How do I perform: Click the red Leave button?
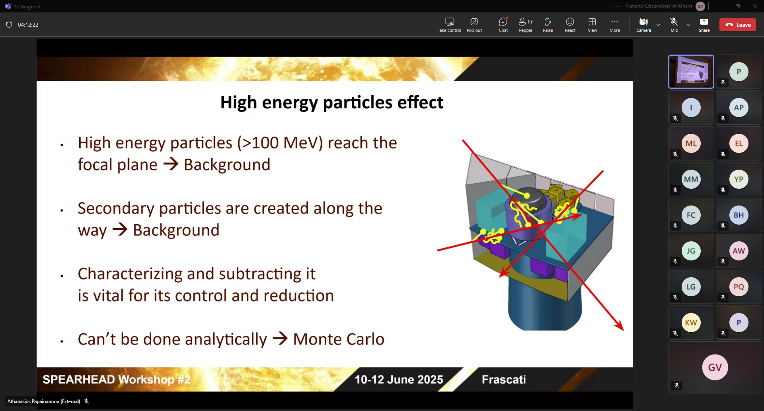click(x=737, y=25)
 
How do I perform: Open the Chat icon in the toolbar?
click(x=503, y=25)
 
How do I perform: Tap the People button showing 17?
click(x=526, y=25)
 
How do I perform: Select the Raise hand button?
click(x=548, y=25)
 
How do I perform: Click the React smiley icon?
click(x=570, y=25)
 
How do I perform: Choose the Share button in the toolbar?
click(x=704, y=25)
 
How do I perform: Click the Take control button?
click(x=449, y=25)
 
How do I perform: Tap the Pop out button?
click(x=474, y=25)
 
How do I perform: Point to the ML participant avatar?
click(x=691, y=143)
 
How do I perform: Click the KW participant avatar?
click(x=691, y=323)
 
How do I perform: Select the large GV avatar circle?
click(x=715, y=367)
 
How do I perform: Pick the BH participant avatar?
click(x=739, y=215)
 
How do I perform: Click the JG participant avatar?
click(x=691, y=251)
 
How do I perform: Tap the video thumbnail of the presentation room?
click(x=691, y=72)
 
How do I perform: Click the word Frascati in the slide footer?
click(x=504, y=380)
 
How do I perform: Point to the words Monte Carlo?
click(x=339, y=339)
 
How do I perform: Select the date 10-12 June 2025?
click(x=399, y=380)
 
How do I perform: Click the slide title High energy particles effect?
click(x=331, y=102)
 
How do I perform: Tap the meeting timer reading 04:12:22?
click(x=28, y=25)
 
